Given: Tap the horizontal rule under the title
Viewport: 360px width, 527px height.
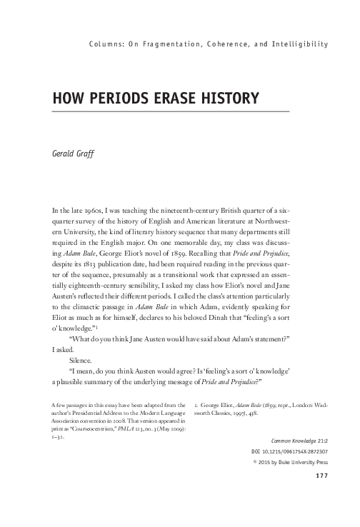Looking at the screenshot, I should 171,112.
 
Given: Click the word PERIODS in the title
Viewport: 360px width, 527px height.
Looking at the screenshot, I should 114,96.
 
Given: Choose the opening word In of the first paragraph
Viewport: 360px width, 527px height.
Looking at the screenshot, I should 56,212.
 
